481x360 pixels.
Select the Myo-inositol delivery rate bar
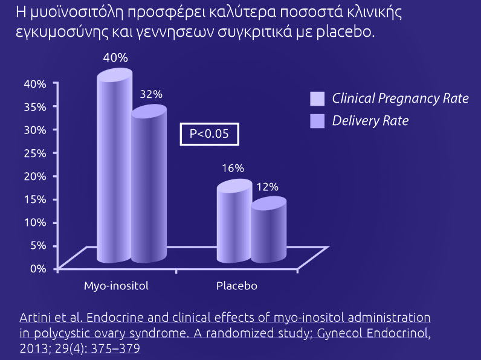[x=149, y=184]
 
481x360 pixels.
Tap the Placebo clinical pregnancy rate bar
[x=234, y=221]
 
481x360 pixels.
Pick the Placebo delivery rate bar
[x=269, y=230]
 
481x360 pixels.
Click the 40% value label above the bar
[x=115, y=57]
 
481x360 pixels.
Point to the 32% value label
[x=151, y=94]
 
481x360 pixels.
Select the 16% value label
[x=233, y=168]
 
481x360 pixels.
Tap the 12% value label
[x=268, y=187]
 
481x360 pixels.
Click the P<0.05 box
[x=209, y=134]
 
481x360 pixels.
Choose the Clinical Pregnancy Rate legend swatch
[x=317, y=98]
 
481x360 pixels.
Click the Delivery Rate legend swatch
[x=317, y=121]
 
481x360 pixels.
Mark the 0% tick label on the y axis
[x=38, y=269]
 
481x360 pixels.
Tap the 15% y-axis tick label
[x=35, y=199]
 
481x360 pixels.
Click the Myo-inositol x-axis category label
[x=116, y=286]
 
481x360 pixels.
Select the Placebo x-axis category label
[x=237, y=286]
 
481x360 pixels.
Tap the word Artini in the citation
[x=34, y=317]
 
